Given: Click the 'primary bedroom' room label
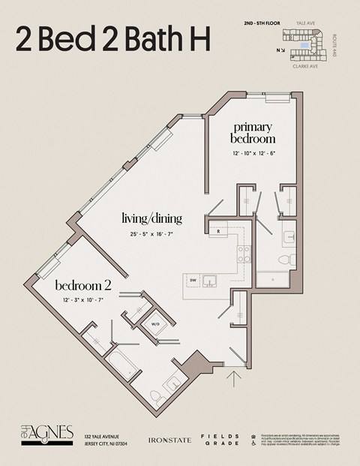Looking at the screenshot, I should pos(252,133).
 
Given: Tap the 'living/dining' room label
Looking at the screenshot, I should pos(152,218).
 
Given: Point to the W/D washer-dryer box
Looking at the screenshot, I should pos(156,324).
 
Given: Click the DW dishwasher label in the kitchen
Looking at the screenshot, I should pos(193,281).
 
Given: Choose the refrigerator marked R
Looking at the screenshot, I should pos(217,232).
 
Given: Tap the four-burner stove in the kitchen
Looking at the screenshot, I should pos(244,254).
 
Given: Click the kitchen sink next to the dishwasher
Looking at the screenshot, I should pos(211,281).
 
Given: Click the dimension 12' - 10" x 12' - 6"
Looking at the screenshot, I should pos(253,153).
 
